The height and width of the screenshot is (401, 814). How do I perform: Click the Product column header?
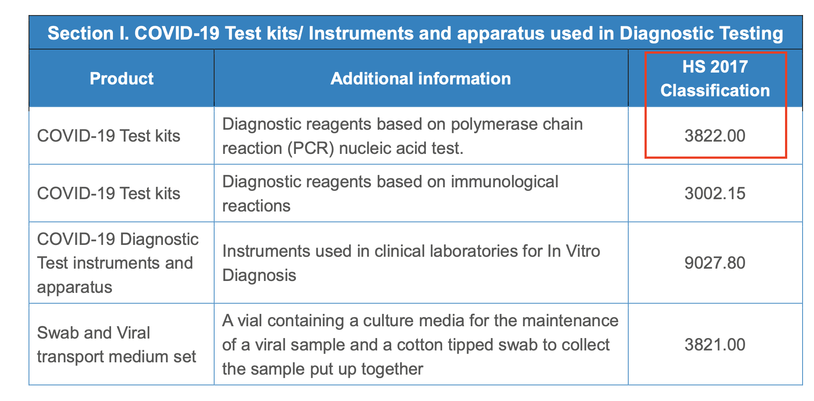tap(122, 79)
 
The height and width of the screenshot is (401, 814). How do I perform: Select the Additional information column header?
tap(421, 79)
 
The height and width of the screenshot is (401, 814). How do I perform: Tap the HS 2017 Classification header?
tap(715, 79)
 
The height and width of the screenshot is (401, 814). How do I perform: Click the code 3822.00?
tap(715, 136)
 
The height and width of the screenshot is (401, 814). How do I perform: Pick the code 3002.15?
tap(715, 193)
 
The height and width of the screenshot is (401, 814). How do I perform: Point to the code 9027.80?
tap(715, 263)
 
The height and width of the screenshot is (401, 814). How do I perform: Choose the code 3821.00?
tap(715, 344)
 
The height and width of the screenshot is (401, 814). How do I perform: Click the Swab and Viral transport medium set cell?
tap(116, 345)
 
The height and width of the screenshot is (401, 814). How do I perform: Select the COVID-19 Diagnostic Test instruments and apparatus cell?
tap(118, 263)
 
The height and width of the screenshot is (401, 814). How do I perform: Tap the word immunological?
tap(502, 182)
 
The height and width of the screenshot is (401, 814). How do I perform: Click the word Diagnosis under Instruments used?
tap(259, 275)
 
